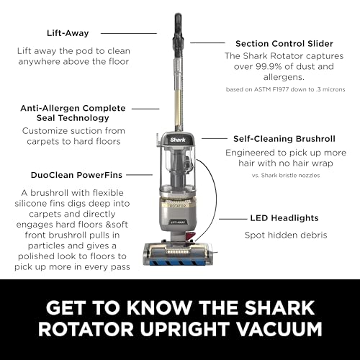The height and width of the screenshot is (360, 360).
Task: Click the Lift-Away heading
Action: [68, 33]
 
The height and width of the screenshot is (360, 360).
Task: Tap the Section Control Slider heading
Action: [284, 44]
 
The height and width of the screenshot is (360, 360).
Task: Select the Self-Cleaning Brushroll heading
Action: [284, 139]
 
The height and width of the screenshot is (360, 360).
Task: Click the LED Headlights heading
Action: [284, 218]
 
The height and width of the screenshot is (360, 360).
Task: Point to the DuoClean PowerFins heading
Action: [76, 175]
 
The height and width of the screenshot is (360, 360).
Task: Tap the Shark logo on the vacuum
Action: [178, 140]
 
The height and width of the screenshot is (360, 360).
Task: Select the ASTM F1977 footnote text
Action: [285, 89]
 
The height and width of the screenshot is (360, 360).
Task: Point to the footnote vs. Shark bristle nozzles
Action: [286, 175]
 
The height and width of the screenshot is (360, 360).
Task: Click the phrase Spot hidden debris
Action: [286, 235]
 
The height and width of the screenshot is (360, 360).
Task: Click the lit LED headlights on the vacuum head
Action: [177, 252]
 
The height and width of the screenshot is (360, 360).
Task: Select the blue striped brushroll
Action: [179, 262]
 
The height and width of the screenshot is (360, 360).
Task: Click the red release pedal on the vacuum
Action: [190, 235]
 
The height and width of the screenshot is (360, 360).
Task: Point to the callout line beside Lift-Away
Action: [129, 33]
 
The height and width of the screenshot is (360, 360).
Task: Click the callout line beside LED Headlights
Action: [233, 219]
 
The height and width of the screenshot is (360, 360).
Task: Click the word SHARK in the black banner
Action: [279, 307]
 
